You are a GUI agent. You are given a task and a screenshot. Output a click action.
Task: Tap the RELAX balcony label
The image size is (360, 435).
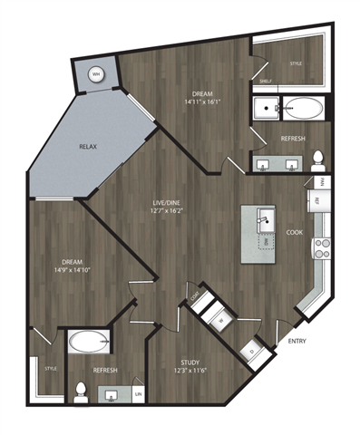[x=88, y=147]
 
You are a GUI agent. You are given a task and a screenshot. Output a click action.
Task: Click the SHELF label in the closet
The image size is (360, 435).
[x=266, y=81]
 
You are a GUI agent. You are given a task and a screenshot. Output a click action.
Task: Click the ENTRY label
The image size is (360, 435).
[x=296, y=341]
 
